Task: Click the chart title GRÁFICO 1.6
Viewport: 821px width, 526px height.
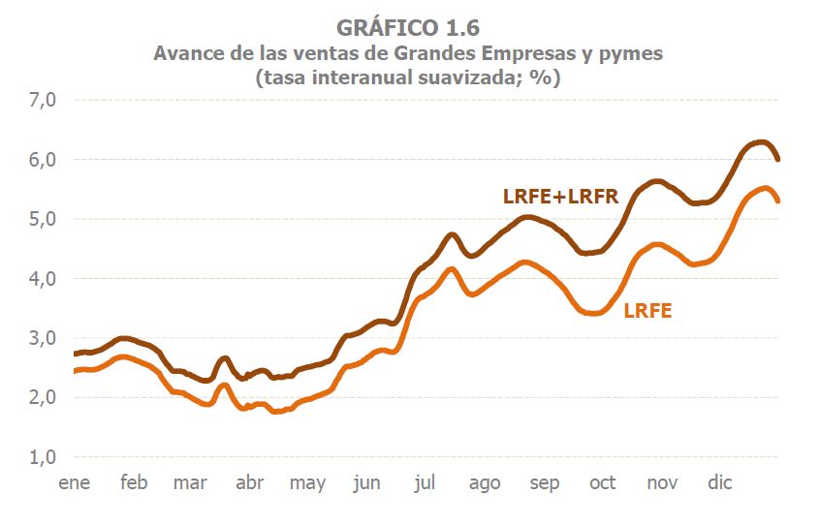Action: [408, 27]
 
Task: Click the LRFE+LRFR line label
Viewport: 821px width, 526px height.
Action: [560, 196]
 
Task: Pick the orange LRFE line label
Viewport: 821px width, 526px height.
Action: [647, 311]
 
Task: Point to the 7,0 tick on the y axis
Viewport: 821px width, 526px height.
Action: [44, 100]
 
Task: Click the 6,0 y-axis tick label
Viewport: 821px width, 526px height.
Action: [44, 160]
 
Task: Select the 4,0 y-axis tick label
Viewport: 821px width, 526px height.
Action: [44, 279]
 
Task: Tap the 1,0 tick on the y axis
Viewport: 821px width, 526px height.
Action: [44, 457]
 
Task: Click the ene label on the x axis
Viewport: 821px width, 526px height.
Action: [74, 482]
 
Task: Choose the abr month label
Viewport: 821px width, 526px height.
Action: [249, 482]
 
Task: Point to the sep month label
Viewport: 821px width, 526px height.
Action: [544, 482]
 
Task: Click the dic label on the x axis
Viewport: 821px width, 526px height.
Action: [719, 482]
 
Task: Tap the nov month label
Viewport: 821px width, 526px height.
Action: [662, 482]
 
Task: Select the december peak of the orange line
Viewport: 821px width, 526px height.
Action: [764, 188]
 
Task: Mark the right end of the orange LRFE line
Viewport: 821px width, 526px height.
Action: [778, 201]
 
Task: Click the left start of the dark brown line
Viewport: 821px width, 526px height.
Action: [75, 354]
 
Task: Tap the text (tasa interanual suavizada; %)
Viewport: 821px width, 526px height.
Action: [408, 78]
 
